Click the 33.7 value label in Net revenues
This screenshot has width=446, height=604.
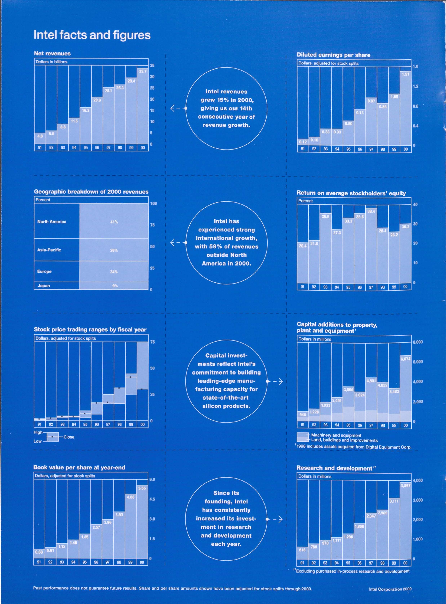click(x=143, y=71)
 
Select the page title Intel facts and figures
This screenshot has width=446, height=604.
click(x=92, y=35)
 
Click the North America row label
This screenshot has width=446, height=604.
click(x=52, y=222)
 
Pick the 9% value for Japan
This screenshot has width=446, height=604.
click(x=115, y=286)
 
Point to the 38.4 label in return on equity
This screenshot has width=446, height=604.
click(x=371, y=211)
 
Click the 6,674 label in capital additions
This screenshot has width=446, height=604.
click(x=405, y=359)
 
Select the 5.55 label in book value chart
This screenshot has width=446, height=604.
click(x=142, y=488)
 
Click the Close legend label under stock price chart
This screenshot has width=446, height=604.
click(x=69, y=437)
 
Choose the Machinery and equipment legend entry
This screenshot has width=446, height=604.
click(x=336, y=435)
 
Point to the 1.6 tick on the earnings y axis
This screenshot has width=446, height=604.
click(x=416, y=67)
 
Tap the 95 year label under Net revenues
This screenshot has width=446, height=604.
click(x=86, y=148)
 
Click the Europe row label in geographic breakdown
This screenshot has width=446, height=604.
click(x=44, y=271)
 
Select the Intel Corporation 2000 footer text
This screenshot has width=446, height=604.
click(x=390, y=589)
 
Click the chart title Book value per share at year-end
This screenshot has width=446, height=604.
click(x=79, y=467)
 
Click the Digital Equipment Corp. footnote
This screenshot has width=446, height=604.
click(x=354, y=447)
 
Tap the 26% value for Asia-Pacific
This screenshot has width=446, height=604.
click(x=114, y=250)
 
